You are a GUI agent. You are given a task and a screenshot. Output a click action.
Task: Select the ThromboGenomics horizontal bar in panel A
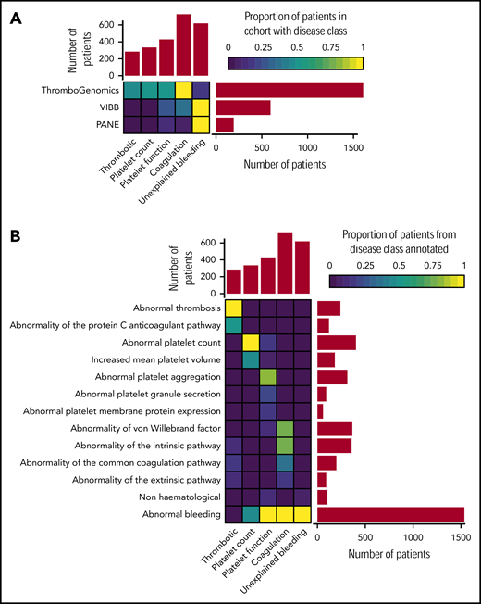click(x=289, y=90)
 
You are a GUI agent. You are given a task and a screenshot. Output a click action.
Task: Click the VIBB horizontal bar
click(x=242, y=107)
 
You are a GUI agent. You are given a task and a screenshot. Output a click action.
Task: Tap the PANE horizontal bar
click(x=224, y=125)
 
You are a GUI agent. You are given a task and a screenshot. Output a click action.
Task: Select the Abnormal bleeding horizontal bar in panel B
click(x=390, y=515)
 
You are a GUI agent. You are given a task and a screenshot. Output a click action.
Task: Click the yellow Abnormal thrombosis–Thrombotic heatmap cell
click(x=233, y=308)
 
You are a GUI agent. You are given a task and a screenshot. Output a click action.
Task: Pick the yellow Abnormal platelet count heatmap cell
click(x=251, y=343)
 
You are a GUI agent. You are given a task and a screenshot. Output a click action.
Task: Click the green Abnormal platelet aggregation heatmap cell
click(x=268, y=377)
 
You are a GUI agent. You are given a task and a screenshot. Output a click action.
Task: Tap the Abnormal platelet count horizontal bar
click(x=336, y=343)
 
